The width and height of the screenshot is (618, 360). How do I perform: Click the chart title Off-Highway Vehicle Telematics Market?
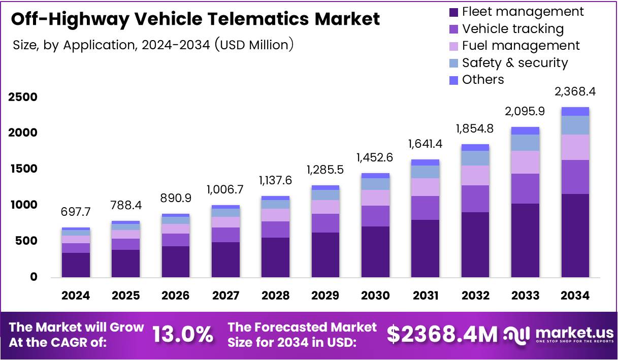pyautogui.click(x=196, y=19)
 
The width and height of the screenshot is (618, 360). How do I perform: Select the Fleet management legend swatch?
pyautogui.click(x=454, y=12)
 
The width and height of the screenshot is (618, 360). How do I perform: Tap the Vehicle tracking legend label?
pyautogui.click(x=513, y=29)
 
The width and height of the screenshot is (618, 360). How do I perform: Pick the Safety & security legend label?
pyautogui.click(x=515, y=63)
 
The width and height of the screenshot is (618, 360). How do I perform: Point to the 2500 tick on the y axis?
pyautogui.click(x=22, y=97)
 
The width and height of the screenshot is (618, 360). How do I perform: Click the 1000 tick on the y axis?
pyautogui.click(x=22, y=205)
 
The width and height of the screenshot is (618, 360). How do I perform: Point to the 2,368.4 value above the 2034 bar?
pyautogui.click(x=575, y=92)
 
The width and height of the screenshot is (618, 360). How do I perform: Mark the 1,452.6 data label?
pyautogui.click(x=375, y=158)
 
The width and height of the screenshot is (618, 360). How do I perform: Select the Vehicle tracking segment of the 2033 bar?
pyautogui.click(x=525, y=188)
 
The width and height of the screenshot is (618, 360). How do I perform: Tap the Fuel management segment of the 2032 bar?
pyautogui.click(x=475, y=175)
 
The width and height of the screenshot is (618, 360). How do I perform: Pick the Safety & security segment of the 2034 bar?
pyautogui.click(x=575, y=125)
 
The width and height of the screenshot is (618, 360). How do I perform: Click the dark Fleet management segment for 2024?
pyautogui.click(x=76, y=265)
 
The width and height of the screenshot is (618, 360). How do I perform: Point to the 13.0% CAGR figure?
pyautogui.click(x=183, y=335)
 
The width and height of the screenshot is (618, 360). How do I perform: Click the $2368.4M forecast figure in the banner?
pyautogui.click(x=442, y=335)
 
